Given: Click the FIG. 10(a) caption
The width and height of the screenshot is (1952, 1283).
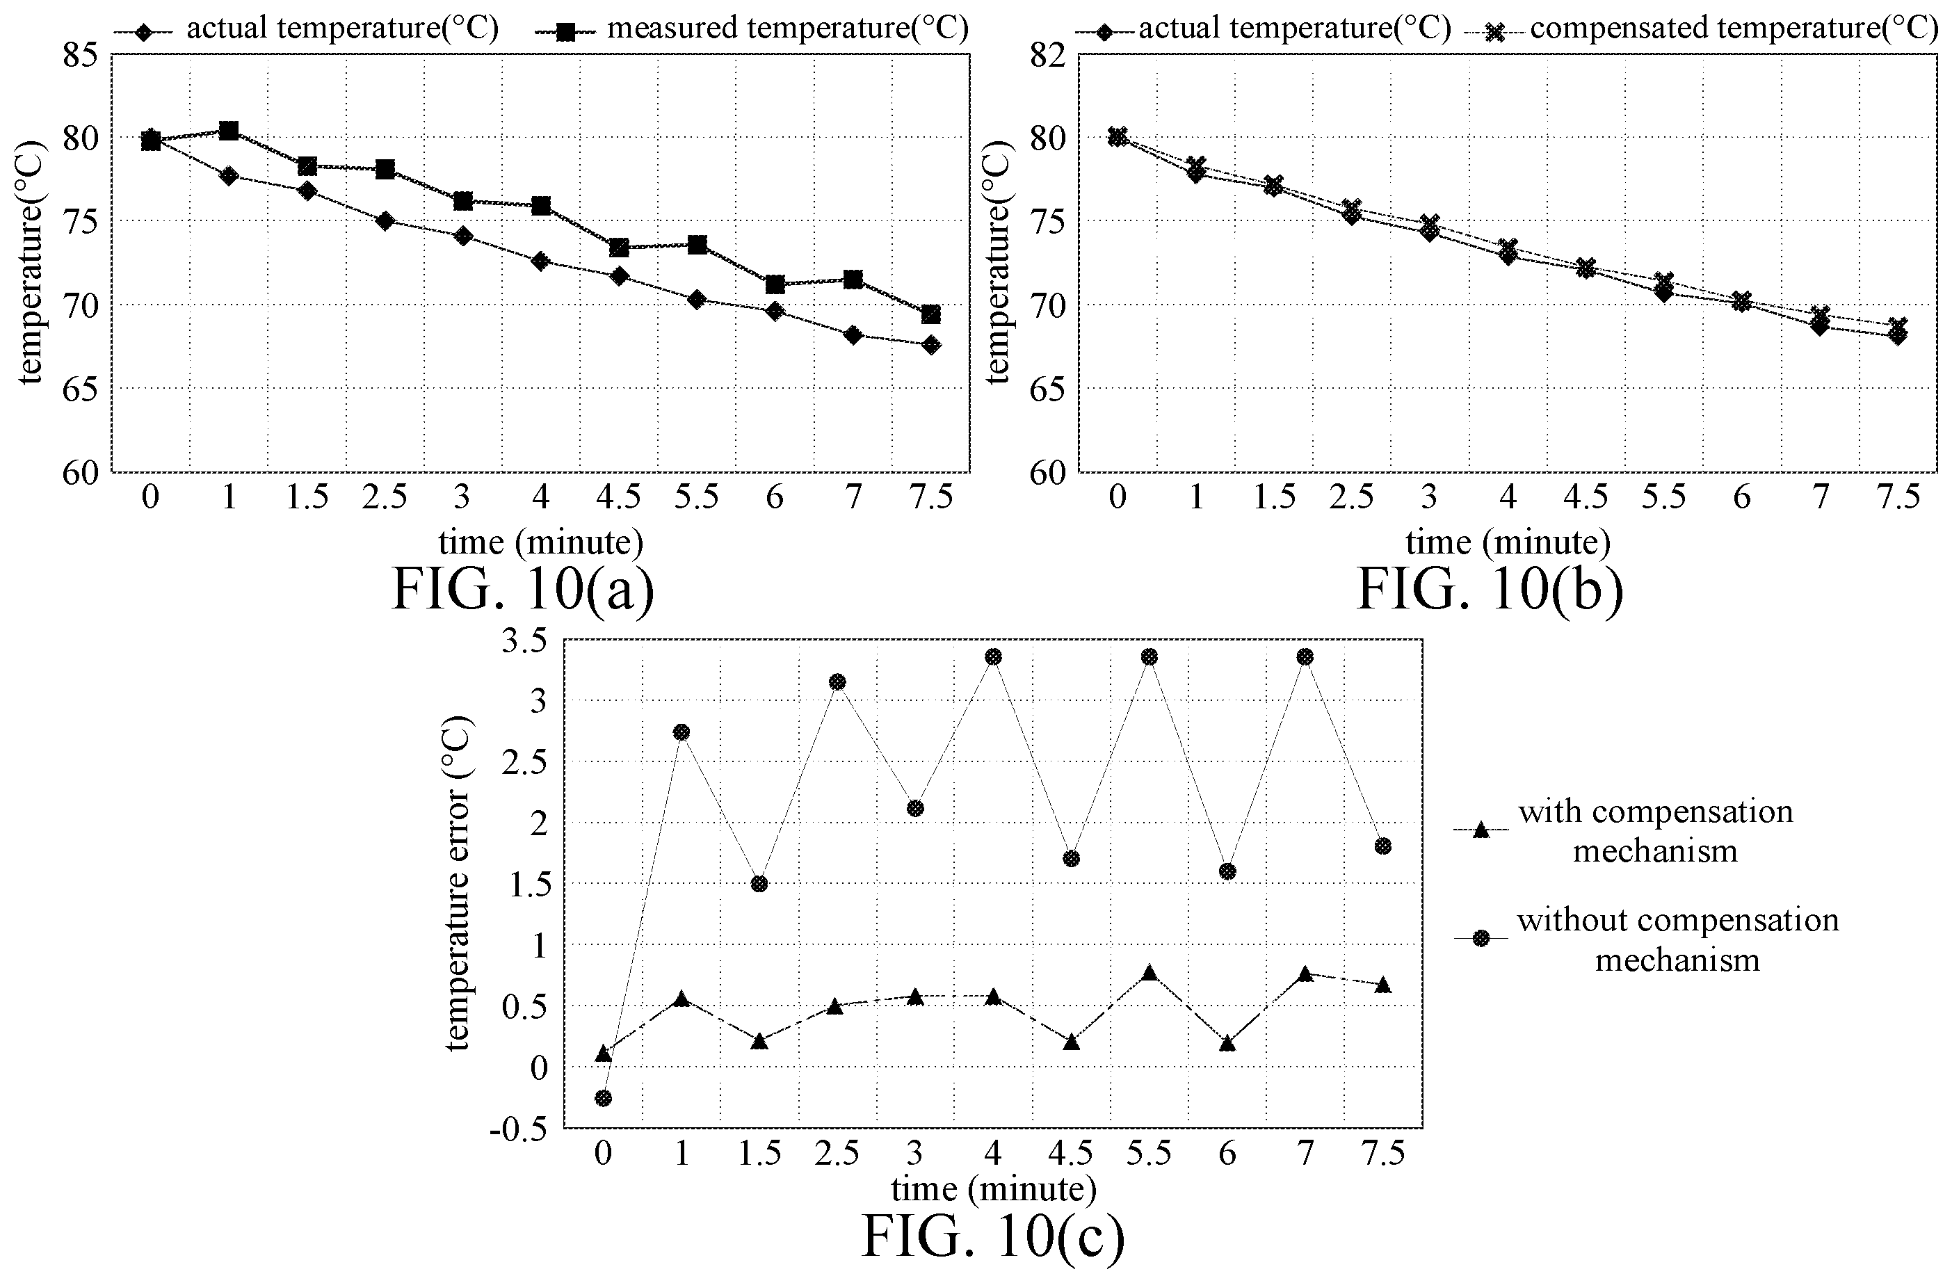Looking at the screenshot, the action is pos(523,590).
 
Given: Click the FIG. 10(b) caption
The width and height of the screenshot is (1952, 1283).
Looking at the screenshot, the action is pos(1490,590).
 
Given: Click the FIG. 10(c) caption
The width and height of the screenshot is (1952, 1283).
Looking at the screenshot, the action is pos(992,1237).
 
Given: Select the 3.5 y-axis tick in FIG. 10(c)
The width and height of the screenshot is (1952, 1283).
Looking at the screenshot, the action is pos(524,640).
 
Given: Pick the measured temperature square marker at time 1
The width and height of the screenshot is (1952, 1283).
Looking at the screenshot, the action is pos(229,131).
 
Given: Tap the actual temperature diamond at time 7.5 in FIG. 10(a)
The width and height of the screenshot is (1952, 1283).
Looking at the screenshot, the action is pos(931,344).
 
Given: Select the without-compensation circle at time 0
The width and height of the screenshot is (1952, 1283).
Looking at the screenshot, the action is pos(604,1097).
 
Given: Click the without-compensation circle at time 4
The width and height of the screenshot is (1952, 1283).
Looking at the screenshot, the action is pos(993,656).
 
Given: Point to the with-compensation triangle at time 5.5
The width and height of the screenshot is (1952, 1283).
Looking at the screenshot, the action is pos(1149,972).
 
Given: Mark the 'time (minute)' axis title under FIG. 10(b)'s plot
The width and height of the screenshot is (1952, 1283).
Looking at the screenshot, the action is pos(1508,542).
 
